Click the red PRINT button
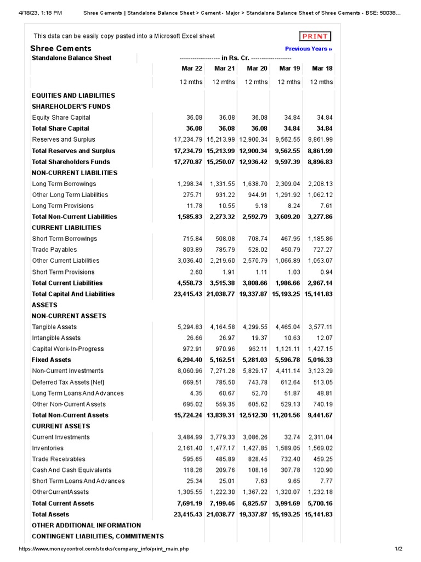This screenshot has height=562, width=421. point(315,36)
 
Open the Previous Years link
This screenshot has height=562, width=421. point(309,49)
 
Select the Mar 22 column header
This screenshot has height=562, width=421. point(192,69)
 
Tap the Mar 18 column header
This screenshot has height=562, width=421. point(322,69)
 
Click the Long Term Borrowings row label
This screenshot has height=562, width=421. point(64,184)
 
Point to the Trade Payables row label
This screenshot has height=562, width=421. point(54,250)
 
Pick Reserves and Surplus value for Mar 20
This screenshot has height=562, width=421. point(253,139)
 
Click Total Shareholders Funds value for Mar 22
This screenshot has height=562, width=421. point(188,162)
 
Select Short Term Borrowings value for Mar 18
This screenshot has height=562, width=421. point(320,239)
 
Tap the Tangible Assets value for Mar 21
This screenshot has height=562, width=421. point(222,327)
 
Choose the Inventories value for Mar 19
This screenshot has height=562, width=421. point(287,448)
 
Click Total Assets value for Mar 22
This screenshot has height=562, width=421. point(188,514)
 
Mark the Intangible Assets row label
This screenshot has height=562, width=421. point(56,338)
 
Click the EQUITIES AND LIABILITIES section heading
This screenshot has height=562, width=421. point(73,95)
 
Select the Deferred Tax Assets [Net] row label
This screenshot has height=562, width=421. point(68,382)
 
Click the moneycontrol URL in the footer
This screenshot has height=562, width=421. point(104,549)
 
